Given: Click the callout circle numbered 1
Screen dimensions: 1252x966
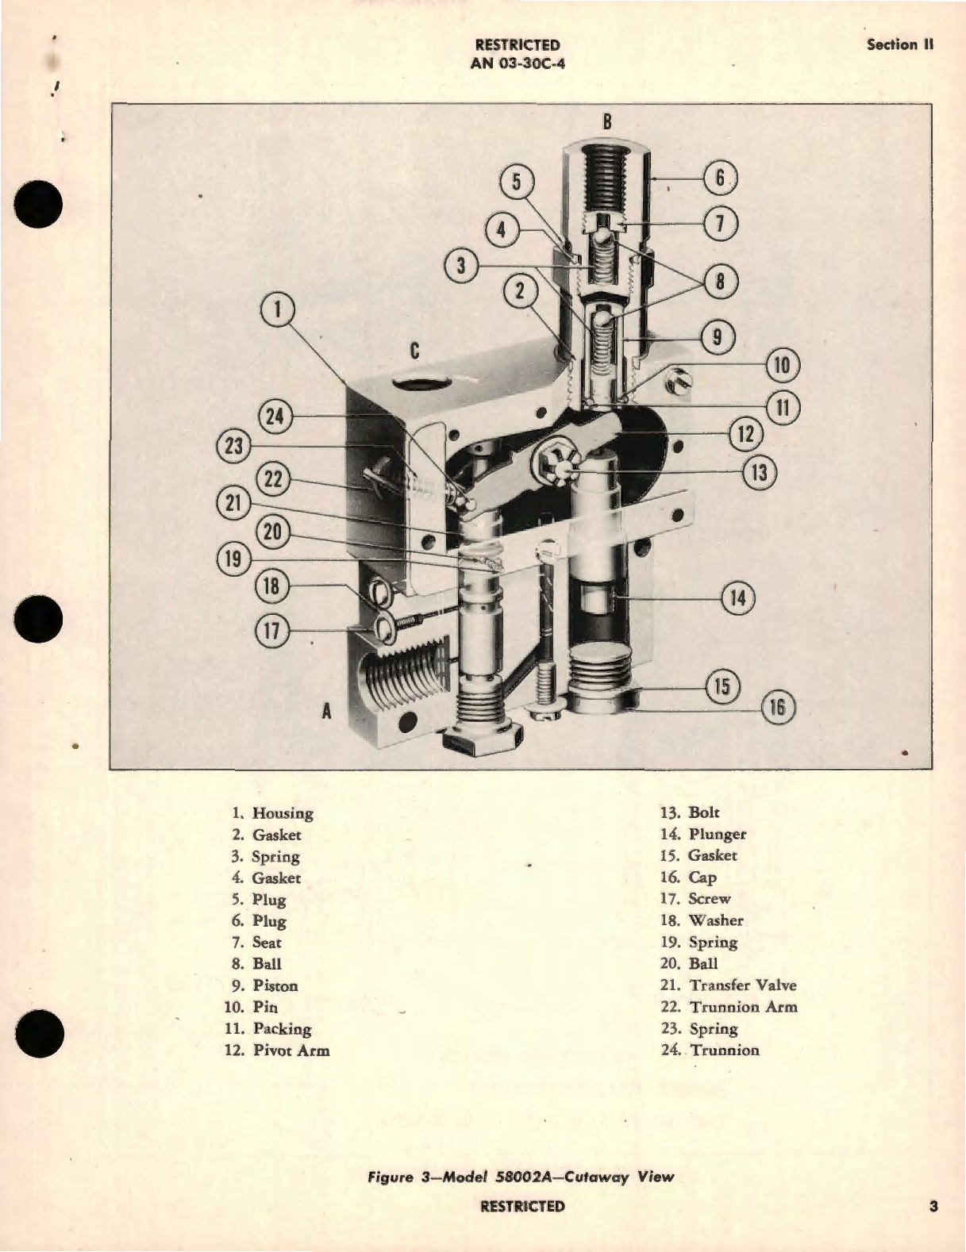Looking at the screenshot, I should pyautogui.click(x=278, y=310).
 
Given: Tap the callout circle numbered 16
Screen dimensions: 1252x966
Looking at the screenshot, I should pyautogui.click(x=777, y=707).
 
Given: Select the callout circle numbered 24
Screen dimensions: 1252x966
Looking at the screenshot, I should pyautogui.click(x=275, y=417).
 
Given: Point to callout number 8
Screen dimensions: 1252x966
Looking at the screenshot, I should pyautogui.click(x=720, y=282).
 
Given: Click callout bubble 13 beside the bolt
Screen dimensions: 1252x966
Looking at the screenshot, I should pyautogui.click(x=759, y=473).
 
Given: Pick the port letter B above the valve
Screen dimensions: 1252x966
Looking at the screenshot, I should pyautogui.click(x=607, y=121).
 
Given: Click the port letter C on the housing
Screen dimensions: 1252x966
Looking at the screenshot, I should pyautogui.click(x=414, y=351).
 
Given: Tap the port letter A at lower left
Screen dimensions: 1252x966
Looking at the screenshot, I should pyautogui.click(x=326, y=712).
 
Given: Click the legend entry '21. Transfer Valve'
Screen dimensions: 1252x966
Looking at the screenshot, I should pyautogui.click(x=728, y=985).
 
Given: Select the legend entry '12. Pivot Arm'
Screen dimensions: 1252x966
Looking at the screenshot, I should pyautogui.click(x=277, y=1050).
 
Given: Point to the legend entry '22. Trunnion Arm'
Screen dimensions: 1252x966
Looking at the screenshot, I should pyautogui.click(x=728, y=1007).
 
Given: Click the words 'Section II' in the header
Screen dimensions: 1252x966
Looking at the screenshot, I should pyautogui.click(x=899, y=44).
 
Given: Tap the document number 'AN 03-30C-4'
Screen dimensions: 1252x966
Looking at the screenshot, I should pyautogui.click(x=518, y=63).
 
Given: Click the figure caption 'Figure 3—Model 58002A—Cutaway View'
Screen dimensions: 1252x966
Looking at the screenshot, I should pyautogui.click(x=521, y=1177).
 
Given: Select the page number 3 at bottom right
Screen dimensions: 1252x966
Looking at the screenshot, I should pyautogui.click(x=933, y=1207).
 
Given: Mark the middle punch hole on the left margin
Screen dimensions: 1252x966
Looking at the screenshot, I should pyautogui.click(x=38, y=618).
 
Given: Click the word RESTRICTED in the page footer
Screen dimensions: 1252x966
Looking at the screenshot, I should pyautogui.click(x=522, y=1207).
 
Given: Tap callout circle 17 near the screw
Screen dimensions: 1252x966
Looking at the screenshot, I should pyautogui.click(x=272, y=631).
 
